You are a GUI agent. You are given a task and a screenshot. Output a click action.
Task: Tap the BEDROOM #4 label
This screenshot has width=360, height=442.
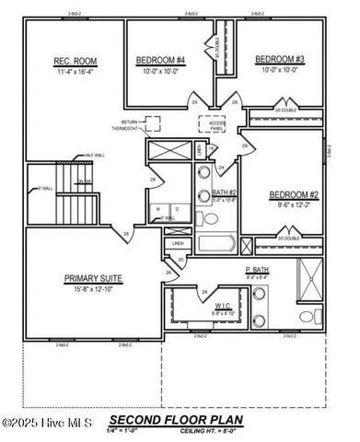coord(161,61)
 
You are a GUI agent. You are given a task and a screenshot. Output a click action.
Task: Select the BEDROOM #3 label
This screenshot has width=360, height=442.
coord(280,59)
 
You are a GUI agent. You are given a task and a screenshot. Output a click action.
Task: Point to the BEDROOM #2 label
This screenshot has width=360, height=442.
coord(293,194)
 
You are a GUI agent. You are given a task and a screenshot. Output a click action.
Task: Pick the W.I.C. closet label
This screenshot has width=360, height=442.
coord(223,306)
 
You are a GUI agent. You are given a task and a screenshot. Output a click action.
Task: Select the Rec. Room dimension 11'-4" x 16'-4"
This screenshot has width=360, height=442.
coord(75,72)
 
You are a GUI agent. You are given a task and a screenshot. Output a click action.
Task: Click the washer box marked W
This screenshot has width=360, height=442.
coord(159,209)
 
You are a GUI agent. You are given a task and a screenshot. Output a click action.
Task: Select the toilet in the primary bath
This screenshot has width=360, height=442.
coord(308,318)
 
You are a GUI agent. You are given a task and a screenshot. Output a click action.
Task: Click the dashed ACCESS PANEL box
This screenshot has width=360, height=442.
coord(213,125)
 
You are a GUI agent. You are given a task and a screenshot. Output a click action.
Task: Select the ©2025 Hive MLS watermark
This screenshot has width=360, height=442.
coord(41,423)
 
